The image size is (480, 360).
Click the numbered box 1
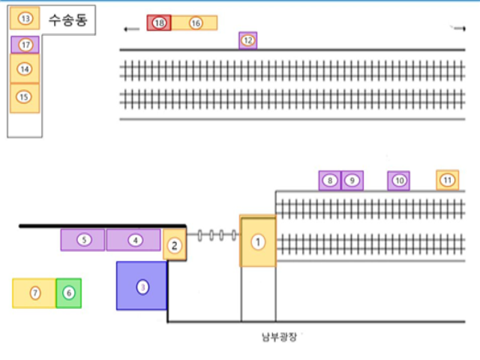click(x=258, y=241)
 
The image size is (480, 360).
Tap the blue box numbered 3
click(x=142, y=286)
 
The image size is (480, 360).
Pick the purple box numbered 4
click(x=133, y=240)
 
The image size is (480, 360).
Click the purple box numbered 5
click(x=83, y=240)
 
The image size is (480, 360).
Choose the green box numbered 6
click(x=69, y=293)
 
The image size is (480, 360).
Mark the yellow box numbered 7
click(x=34, y=293)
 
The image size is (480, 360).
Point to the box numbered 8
click(x=329, y=181)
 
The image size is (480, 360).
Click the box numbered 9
click(x=352, y=181)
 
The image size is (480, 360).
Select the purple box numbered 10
click(x=399, y=181)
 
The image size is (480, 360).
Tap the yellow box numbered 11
click(x=448, y=180)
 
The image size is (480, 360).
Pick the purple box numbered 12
click(x=248, y=40)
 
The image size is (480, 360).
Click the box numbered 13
click(x=25, y=17)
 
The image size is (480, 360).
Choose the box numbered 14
click(x=25, y=69)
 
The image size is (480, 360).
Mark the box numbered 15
click(x=25, y=97)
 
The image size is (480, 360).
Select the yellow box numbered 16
click(x=195, y=23)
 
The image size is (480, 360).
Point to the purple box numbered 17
click(x=25, y=45)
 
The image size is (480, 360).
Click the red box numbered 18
click(x=159, y=23)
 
